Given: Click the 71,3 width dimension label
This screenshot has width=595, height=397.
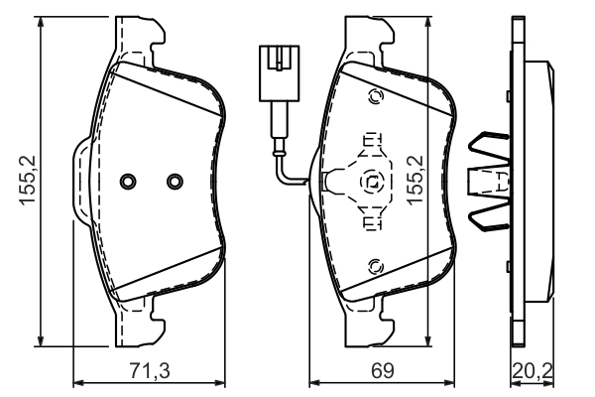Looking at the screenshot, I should tap(152, 372).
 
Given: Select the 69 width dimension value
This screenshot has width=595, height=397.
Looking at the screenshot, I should tap(383, 372).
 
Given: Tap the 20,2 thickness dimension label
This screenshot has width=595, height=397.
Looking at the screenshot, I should tap(532, 372).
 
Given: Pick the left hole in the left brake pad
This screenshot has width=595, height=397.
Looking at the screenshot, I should tap(127, 181).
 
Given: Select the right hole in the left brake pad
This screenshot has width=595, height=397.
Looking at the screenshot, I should tap(175, 181).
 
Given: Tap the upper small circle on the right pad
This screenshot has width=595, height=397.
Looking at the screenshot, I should tap(375, 97).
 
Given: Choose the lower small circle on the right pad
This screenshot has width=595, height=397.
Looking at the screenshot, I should tap(375, 265).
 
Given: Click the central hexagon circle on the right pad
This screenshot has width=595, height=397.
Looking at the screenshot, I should tap(372, 182).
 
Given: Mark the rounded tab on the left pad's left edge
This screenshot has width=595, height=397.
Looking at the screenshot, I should tap(80, 181).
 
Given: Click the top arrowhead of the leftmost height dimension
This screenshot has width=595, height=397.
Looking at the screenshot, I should tap(41, 22).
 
